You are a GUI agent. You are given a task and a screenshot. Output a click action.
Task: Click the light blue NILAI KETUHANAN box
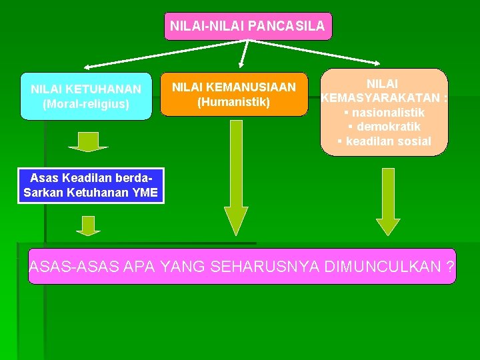coord(86,96)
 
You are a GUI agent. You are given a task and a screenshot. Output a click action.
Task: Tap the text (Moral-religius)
coord(86,104)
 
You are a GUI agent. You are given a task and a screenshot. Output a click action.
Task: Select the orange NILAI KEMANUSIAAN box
coord(234,94)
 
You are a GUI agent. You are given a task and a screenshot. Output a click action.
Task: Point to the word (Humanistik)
coord(234,102)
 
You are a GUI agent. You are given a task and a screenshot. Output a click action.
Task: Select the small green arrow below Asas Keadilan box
coord(88,225)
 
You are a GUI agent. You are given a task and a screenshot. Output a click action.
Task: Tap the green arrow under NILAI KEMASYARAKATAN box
coord(388,200)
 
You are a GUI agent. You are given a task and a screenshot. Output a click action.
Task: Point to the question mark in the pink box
coord(451,268)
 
